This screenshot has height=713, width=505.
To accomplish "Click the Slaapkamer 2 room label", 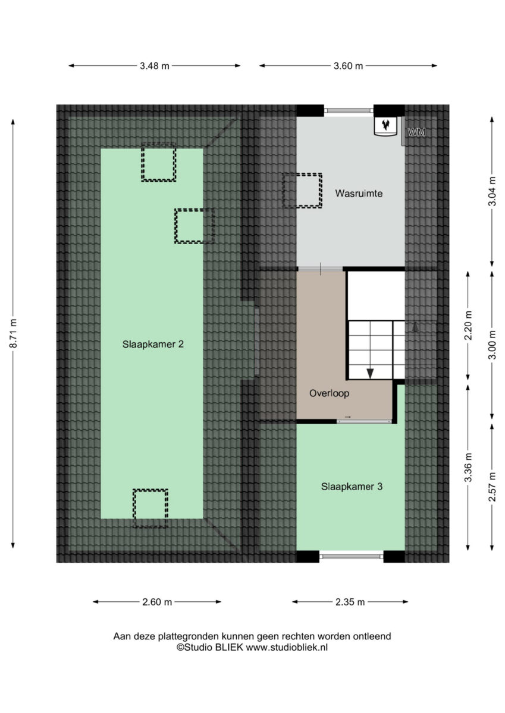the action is click(153, 344).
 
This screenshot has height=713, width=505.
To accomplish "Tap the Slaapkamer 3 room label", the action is click(352, 487).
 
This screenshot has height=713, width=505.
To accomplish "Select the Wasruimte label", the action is click(359, 193).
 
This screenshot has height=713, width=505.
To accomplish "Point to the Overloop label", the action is click(329, 393).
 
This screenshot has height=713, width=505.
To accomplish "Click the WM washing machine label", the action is click(416, 132).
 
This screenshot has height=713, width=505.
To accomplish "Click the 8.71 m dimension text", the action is click(14, 333).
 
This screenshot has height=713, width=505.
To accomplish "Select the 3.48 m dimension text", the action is click(154, 66).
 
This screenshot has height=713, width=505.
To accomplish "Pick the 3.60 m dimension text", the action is click(348, 66).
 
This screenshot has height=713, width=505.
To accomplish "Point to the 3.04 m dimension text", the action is click(493, 191).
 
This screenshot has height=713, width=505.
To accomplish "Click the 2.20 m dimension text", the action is click(468, 326).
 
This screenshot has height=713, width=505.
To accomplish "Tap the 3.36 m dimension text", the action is click(468, 467).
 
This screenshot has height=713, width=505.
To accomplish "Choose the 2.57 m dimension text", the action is click(493, 487).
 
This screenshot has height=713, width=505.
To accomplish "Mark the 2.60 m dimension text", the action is click(157, 602).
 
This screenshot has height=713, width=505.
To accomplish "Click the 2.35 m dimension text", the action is click(350, 602).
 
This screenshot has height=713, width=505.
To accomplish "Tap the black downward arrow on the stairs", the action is click(370, 374).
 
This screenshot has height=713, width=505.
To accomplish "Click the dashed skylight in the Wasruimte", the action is click(302, 191).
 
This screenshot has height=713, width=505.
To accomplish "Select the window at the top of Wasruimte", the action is click(349, 111).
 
